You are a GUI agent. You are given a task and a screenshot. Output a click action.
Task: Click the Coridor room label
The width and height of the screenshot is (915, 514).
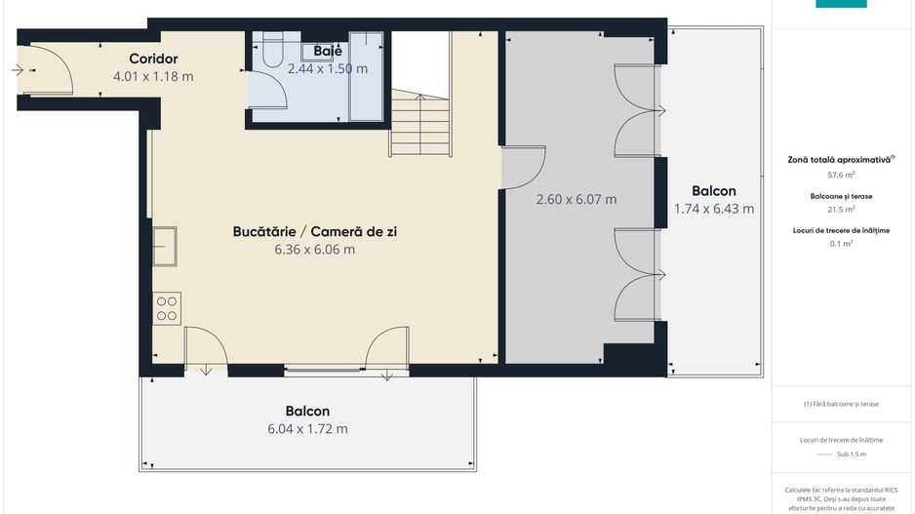pyautogui.click(x=153, y=59)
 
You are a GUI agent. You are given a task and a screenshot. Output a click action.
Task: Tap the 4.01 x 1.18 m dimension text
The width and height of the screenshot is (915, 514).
pyautogui.click(x=153, y=76)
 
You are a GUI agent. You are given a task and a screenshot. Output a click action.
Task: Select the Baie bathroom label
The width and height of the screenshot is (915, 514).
pyautogui.click(x=327, y=52)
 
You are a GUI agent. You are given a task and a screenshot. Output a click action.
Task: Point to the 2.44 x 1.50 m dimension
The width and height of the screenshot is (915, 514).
pyautogui.click(x=327, y=69)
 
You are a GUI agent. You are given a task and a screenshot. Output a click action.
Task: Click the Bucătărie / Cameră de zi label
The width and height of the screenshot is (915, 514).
pyautogui.click(x=314, y=232)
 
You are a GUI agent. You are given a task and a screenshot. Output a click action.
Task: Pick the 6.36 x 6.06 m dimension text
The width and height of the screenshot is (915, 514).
pyautogui.click(x=314, y=250)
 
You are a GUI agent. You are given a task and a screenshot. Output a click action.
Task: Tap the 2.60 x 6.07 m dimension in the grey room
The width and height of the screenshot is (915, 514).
pyautogui.click(x=577, y=200)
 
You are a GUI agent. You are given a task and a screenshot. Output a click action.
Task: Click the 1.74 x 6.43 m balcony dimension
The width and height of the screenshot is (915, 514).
pyautogui.click(x=714, y=208)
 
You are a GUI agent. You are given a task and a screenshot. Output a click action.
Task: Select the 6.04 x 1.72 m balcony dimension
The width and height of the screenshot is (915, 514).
pyautogui.click(x=307, y=428)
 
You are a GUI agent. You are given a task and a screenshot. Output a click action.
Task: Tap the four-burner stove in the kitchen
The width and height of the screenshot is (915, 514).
pyautogui.click(x=167, y=308)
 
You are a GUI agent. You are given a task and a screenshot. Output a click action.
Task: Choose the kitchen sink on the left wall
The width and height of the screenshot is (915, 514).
pyautogui.click(x=165, y=246)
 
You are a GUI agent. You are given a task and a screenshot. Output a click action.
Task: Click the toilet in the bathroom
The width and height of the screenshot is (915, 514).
pyautogui.click(x=270, y=47)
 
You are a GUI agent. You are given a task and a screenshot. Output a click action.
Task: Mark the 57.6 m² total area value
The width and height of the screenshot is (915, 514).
pyautogui.click(x=841, y=176)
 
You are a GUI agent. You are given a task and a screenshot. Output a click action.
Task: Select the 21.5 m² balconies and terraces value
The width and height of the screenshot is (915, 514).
pyautogui.click(x=841, y=209)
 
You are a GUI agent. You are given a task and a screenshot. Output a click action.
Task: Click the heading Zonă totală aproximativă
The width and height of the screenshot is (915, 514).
pyautogui.click(x=841, y=159)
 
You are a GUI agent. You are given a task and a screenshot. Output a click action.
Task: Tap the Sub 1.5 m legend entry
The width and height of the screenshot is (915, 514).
pyautogui.click(x=841, y=455)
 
